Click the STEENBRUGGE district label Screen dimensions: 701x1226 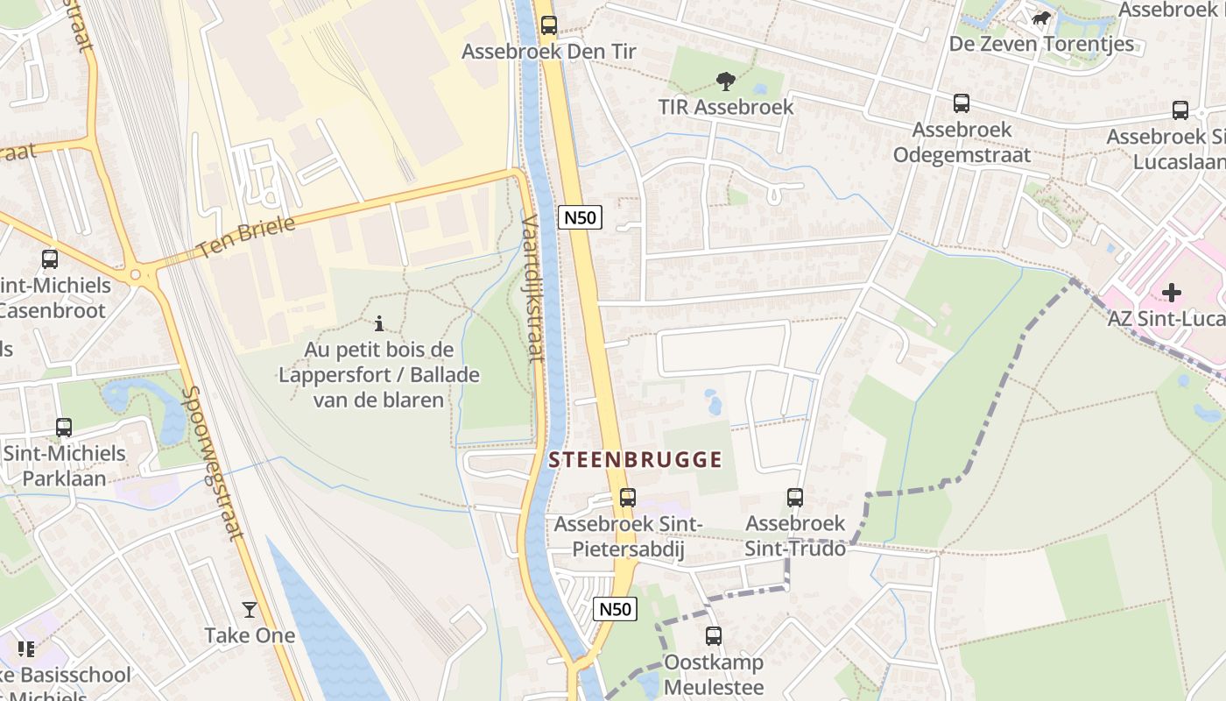tap(635, 459)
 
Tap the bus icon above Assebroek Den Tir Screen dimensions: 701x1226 tap(549, 25)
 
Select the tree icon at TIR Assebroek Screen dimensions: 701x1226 tap(725, 81)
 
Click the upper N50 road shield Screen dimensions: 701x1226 tap(580, 217)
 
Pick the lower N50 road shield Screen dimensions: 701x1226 tap(614, 609)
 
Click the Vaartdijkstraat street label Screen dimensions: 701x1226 tap(532, 288)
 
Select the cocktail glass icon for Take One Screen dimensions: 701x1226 tap(250, 609)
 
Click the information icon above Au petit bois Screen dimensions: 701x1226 tap(378, 323)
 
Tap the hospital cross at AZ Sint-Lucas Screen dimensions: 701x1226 tap(1172, 292)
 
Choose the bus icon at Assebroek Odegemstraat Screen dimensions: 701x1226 tap(962, 103)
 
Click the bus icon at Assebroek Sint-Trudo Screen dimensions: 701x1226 tap(794, 498)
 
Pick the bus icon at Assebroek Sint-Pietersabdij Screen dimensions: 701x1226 tap(627, 498)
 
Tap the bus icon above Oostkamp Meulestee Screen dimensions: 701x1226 tap(714, 636)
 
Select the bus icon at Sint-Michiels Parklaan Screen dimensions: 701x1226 tap(64, 428)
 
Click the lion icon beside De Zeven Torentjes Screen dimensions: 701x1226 tap(1040, 18)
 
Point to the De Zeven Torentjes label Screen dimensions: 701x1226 tap(1041, 44)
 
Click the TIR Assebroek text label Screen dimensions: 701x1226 tap(725, 107)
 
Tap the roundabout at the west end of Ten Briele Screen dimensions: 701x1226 tap(136, 275)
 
